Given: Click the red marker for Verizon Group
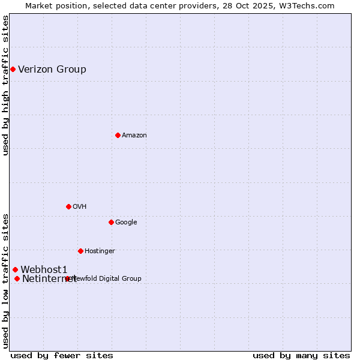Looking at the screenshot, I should (x=13, y=70).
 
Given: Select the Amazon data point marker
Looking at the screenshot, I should (x=118, y=135).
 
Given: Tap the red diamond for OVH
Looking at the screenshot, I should (x=68, y=206).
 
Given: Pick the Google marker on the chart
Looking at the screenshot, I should (x=111, y=222).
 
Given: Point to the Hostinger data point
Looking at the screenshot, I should (x=80, y=251).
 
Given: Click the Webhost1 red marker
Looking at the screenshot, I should (x=15, y=270).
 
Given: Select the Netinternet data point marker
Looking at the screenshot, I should (x=17, y=278).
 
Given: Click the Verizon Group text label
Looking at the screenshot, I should (x=52, y=70).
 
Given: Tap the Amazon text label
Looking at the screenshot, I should (x=134, y=136).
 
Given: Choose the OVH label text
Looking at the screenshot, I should (x=80, y=207).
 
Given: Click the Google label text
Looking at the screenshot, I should (x=126, y=223).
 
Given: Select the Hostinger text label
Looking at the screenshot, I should (x=100, y=251).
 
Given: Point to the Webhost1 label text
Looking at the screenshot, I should (x=44, y=270).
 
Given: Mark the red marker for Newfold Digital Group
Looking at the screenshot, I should (x=67, y=278).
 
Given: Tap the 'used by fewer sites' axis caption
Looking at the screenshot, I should (x=62, y=356).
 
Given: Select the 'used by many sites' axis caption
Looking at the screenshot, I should (x=301, y=356).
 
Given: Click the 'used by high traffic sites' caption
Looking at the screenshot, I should (x=5, y=85).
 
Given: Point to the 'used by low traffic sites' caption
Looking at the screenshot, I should (x=5, y=281).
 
